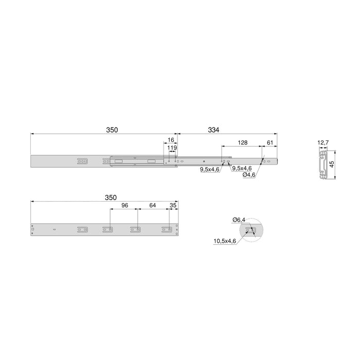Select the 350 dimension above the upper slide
(x=112, y=130)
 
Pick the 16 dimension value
(x=170, y=140)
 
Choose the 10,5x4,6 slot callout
(x=225, y=241)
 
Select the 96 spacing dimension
(x=123, y=206)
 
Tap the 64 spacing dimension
(x=152, y=206)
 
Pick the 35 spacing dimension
(x=172, y=206)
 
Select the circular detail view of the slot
(x=251, y=230)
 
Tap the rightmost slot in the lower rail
(x=166, y=229)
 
